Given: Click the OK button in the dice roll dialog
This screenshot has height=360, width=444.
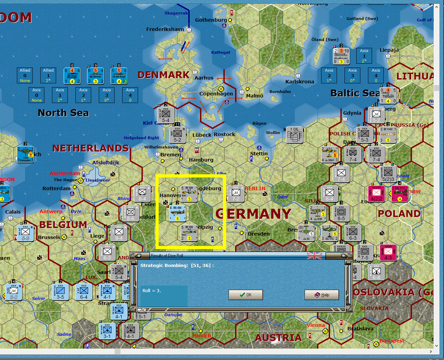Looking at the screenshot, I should [x=246, y=295].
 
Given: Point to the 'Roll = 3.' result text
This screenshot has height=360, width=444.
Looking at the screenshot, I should [x=152, y=291].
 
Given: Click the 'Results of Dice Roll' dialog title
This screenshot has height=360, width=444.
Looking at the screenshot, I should [x=167, y=256].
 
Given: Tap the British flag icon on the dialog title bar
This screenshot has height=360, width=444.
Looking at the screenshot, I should [x=314, y=256].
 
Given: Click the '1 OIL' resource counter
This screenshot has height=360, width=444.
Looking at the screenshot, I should [x=295, y=134].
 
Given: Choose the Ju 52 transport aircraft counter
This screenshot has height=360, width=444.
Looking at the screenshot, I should [x=306, y=233].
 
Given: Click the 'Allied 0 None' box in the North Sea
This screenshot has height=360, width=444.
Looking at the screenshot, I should [x=25, y=75].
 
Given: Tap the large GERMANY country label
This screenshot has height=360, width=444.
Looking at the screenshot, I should [x=253, y=214].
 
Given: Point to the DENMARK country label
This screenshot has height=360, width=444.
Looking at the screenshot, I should [x=163, y=75].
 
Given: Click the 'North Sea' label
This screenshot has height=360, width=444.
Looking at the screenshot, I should [x=63, y=113].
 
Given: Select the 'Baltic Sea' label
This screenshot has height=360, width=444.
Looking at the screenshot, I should [x=355, y=93].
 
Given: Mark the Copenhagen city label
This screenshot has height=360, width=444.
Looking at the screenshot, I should [x=216, y=93].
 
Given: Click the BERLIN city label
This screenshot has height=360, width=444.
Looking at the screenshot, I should [x=255, y=188].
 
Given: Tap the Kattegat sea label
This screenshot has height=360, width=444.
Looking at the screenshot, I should [x=221, y=52].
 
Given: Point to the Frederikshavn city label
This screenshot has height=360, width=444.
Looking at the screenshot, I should [x=165, y=29].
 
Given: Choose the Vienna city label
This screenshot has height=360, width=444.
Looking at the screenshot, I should [x=316, y=325].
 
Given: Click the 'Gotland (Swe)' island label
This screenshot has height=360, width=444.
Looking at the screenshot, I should [x=362, y=19].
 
